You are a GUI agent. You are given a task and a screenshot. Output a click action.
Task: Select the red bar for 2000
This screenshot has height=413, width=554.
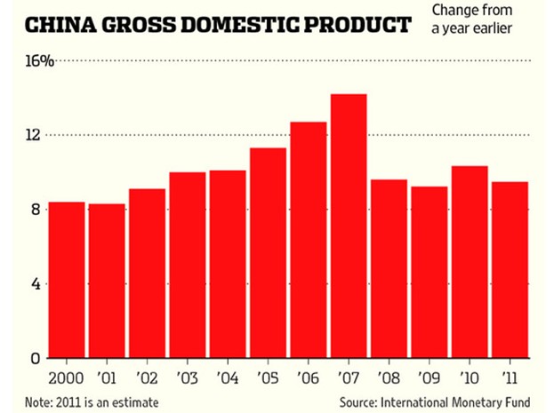pos(67,280)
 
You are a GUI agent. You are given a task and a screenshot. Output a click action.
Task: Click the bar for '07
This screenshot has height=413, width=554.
pos(348,226)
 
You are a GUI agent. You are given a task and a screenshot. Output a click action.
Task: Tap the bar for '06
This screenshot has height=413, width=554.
pos(308,240)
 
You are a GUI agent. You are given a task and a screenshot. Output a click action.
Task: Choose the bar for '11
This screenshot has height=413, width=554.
pos(510,270)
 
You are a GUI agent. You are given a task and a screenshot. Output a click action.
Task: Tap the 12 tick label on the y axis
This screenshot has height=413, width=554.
pos(32,135)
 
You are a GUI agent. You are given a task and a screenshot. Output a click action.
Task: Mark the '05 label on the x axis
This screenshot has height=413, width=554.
pos(268,376)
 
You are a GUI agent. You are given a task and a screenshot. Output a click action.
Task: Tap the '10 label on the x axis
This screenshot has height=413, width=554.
pos(470,376)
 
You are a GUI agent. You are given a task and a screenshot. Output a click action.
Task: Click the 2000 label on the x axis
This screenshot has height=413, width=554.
pos(66,376)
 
